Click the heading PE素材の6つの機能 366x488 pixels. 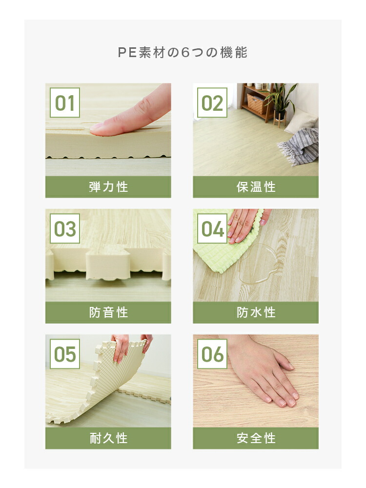[x=183, y=52]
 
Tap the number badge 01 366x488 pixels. [x=65, y=102]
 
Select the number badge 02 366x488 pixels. [x=212, y=102]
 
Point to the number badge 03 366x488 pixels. [x=65, y=228]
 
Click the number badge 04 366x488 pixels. [x=212, y=228]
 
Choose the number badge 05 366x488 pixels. [x=65, y=354]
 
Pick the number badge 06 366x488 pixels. [x=212, y=354]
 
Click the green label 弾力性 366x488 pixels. [x=108, y=187]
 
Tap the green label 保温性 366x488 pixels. [x=256, y=187]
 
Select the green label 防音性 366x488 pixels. [x=108, y=312]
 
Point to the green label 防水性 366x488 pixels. [x=256, y=312]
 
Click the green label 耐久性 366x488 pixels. [x=108, y=438]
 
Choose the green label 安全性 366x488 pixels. [x=256, y=438]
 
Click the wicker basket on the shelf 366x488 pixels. [x=256, y=103]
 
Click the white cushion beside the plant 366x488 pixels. [x=300, y=122]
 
